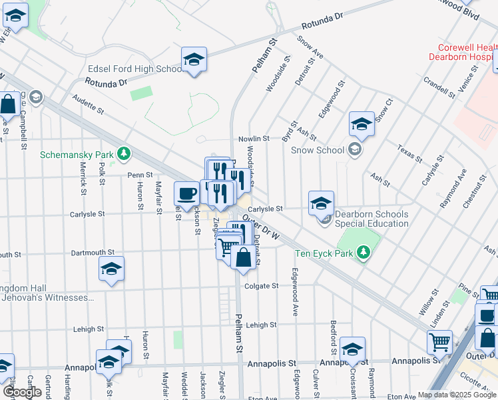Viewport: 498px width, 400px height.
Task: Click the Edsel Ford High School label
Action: [135, 69]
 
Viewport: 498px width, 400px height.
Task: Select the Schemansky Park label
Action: [77, 154]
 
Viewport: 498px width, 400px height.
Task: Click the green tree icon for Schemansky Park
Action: [123, 154]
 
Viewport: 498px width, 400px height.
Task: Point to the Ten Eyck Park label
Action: [325, 253]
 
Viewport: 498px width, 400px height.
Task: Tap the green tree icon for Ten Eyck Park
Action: [363, 253]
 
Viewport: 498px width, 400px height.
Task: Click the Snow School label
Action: [318, 150]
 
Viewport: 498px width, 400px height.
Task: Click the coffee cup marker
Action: [186, 193]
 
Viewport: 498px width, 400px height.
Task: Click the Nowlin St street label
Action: [254, 139]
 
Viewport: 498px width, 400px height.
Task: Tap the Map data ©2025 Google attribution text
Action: [457, 395]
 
